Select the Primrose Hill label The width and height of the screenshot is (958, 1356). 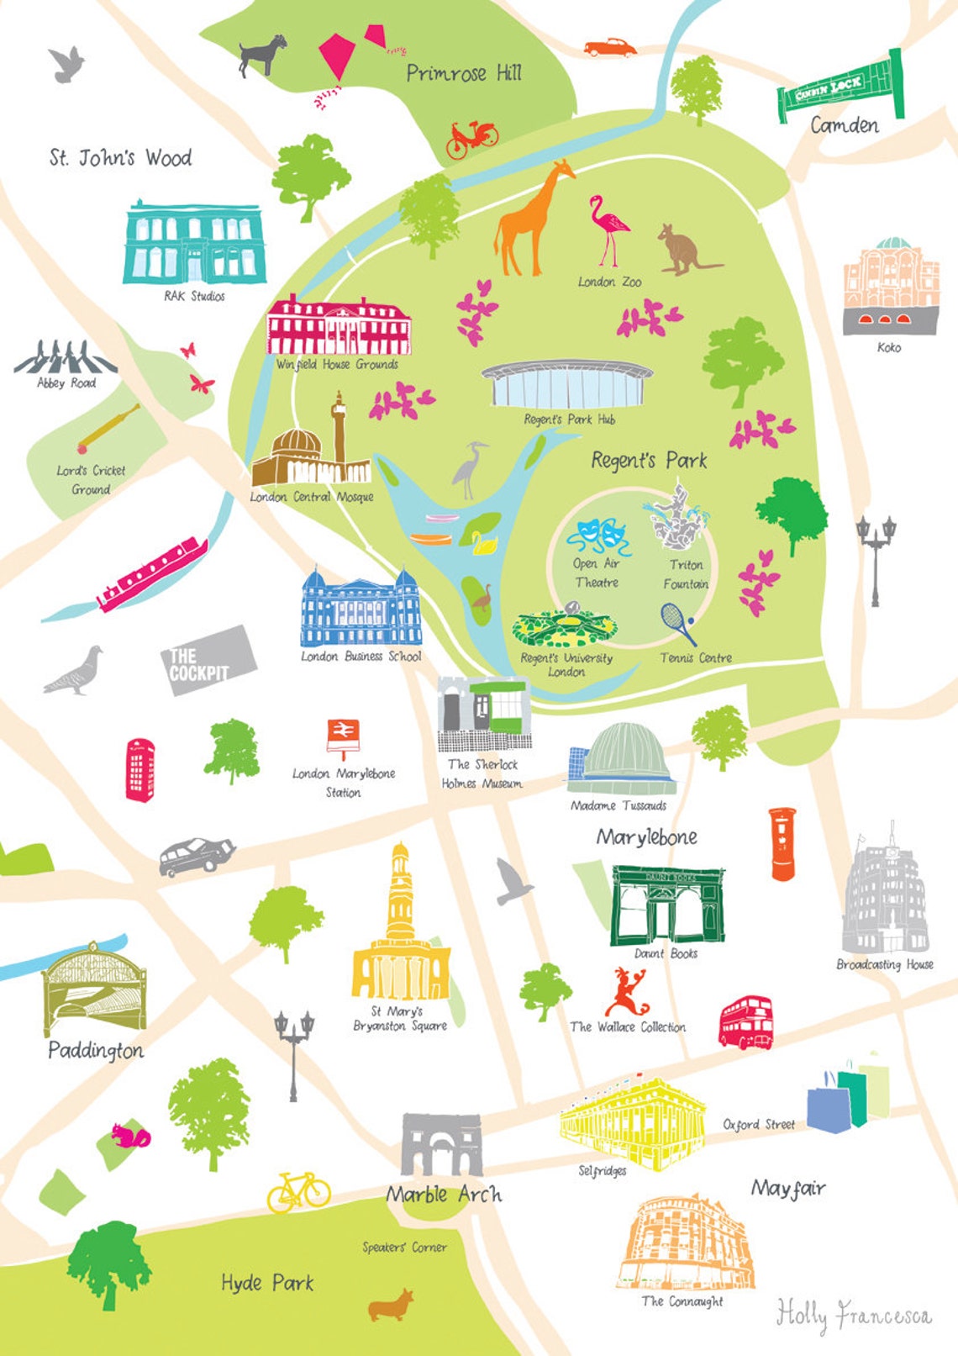click(464, 73)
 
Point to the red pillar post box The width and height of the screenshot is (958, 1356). click(782, 843)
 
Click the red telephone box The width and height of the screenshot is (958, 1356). click(139, 769)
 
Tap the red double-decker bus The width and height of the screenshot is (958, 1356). click(745, 1022)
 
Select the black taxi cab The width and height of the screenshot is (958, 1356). click(197, 856)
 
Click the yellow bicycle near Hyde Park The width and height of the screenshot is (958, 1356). click(299, 1192)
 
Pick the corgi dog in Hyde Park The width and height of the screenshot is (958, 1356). click(391, 1305)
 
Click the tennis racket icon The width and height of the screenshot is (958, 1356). click(676, 623)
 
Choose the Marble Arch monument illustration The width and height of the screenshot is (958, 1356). click(442, 1145)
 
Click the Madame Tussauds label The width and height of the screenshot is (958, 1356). click(618, 805)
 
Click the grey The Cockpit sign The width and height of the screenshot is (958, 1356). click(208, 660)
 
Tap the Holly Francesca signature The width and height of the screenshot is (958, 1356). click(853, 1314)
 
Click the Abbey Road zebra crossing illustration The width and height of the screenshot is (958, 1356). click(66, 358)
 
